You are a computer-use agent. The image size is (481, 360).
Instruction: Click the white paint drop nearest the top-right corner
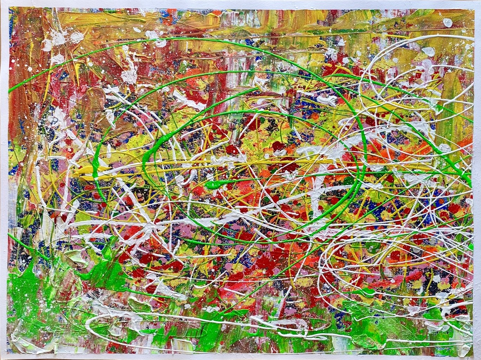(448, 22)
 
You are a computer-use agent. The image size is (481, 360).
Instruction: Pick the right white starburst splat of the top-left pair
(77, 37)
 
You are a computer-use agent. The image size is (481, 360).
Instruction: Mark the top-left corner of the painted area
(9, 8)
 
